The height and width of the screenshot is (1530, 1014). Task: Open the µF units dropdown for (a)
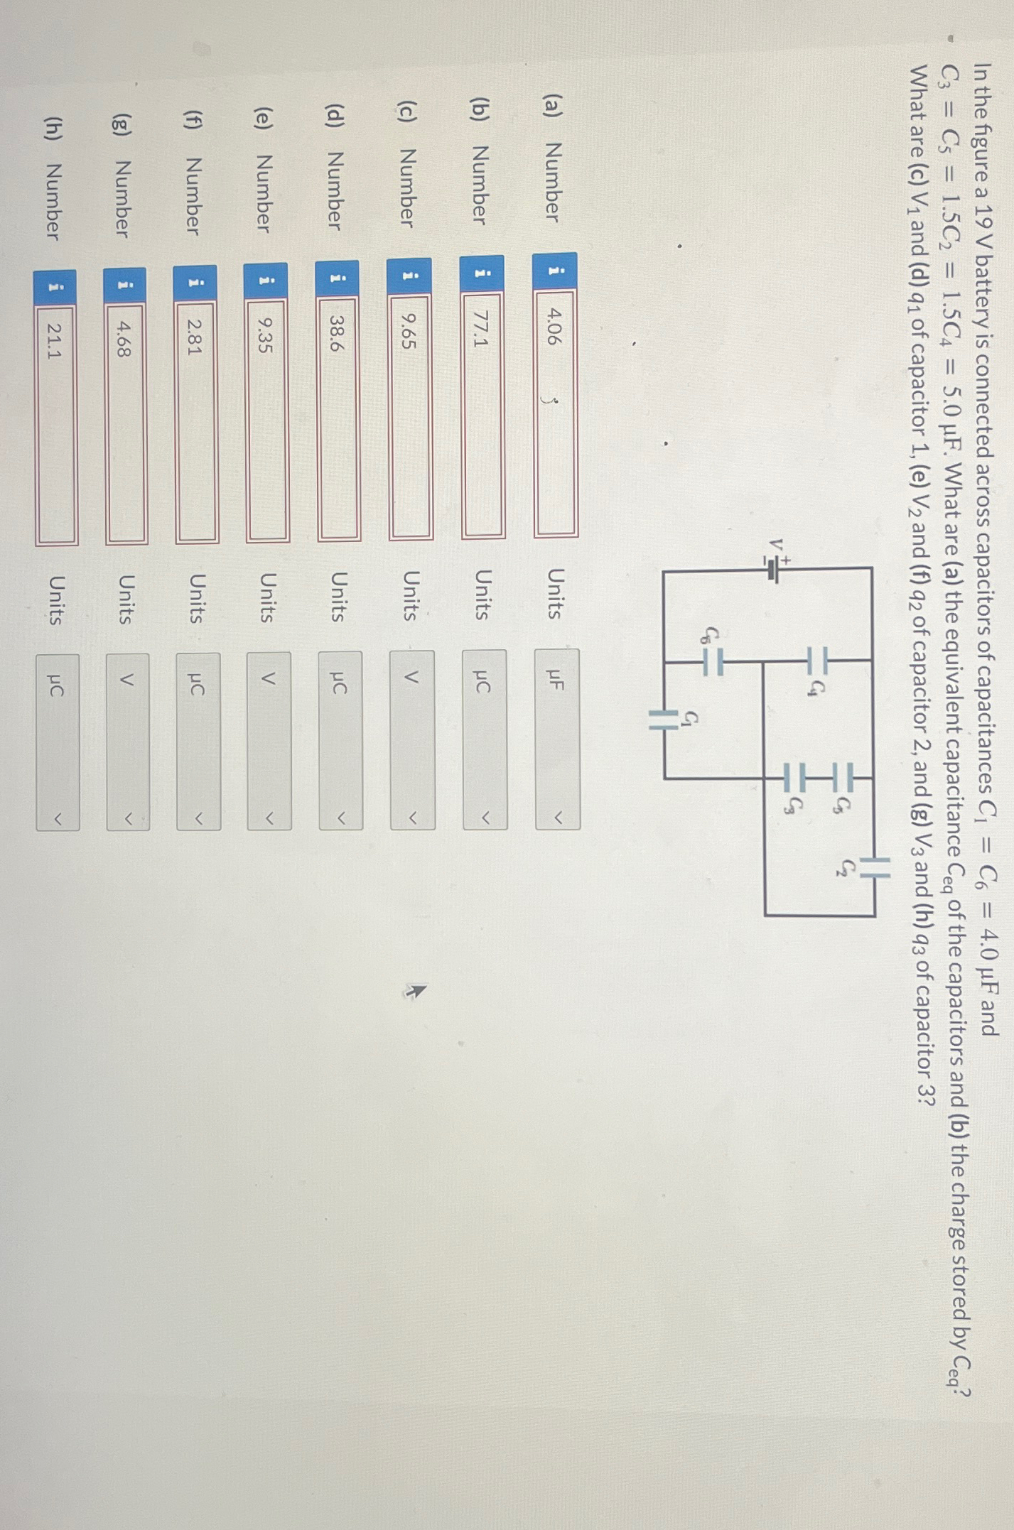point(557,739)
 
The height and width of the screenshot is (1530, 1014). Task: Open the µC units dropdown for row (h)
point(58,742)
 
